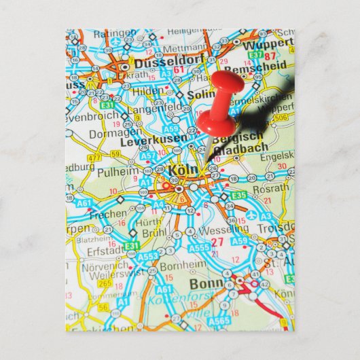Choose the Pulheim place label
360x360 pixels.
point(117,173)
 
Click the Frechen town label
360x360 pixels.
point(109,213)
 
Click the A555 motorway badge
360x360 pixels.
point(200,248)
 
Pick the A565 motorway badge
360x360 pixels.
point(218,321)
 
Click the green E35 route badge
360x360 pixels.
point(238,195)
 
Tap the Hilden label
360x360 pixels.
point(147,90)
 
